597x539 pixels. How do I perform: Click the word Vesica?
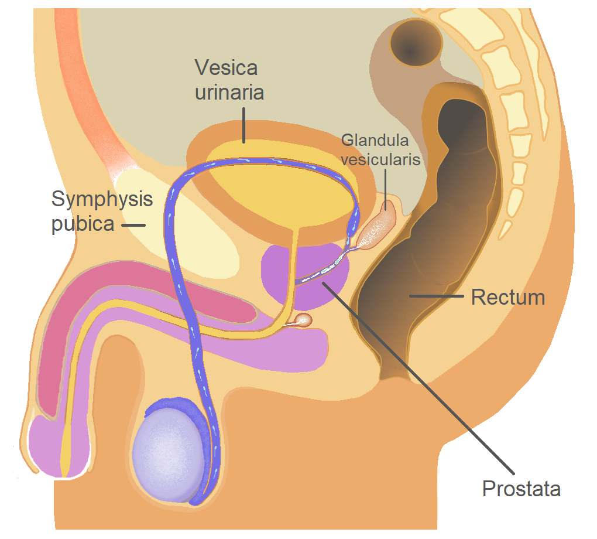click(226, 67)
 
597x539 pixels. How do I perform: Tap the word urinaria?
click(229, 93)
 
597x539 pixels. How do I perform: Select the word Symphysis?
click(102, 199)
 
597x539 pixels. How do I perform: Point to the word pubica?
click(83, 224)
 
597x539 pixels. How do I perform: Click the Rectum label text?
click(508, 297)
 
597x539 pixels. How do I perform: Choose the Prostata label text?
click(521, 488)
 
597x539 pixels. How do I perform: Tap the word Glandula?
click(375, 140)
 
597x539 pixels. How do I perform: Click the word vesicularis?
click(381, 159)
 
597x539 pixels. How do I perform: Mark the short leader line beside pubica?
click(133, 225)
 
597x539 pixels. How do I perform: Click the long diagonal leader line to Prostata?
click(421, 381)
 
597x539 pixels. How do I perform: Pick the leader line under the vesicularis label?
click(385, 185)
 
